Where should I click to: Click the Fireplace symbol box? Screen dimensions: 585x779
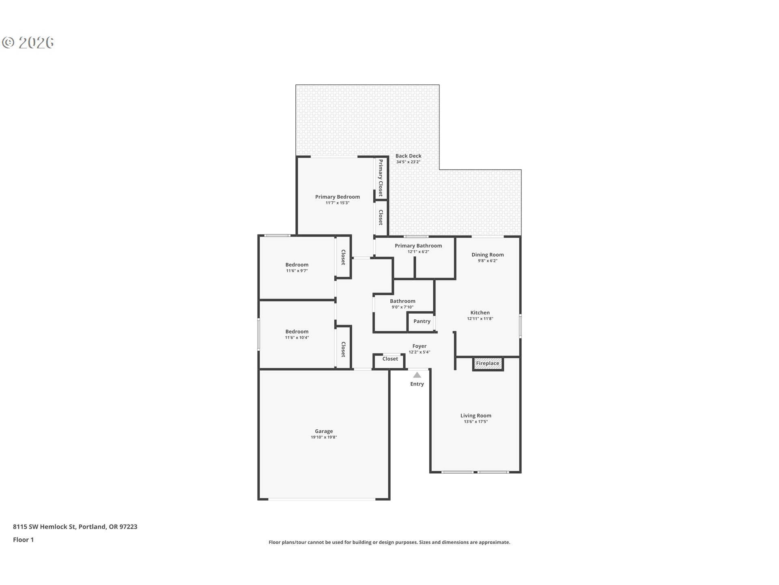pos(488,364)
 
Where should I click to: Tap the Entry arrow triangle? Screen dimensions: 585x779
pos(417,375)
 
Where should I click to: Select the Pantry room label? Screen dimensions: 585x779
pos(422,321)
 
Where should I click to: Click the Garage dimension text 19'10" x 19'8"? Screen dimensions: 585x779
pos(324,438)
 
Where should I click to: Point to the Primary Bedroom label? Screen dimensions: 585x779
pos(337,197)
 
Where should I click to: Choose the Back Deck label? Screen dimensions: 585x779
pos(408,156)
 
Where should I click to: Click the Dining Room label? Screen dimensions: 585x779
pos(487,255)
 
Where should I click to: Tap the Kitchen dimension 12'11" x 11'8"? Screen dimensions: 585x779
pos(480,319)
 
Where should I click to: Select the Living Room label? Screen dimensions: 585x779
pos(476,416)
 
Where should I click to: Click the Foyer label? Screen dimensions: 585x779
pos(419,346)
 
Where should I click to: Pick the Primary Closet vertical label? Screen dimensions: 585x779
pos(381,178)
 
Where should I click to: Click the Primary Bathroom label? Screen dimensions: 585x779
pos(418,246)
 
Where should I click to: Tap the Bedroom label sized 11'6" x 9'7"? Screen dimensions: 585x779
pos(297,265)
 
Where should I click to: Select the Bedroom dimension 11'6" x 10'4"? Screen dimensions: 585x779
pos(297,338)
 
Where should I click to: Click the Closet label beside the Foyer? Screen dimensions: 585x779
pos(390,359)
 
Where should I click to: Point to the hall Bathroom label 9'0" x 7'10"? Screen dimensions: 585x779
pos(402,301)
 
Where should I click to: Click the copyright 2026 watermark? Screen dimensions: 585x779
pos(28,42)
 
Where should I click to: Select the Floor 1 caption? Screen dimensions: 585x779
pos(23,539)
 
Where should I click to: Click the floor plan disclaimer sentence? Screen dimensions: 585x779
pos(389,542)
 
